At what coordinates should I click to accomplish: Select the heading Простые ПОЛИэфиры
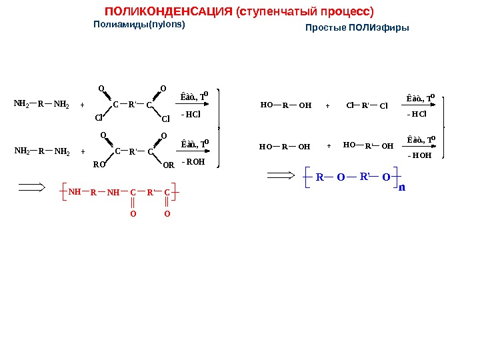357,28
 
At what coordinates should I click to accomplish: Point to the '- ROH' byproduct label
193,161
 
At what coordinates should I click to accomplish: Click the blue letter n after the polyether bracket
401,187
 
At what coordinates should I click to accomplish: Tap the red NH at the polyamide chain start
74,191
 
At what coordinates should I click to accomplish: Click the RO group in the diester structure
98,163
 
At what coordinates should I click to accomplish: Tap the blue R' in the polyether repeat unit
365,177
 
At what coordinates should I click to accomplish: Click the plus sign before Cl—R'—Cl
328,105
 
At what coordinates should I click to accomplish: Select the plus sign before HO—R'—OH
329,145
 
